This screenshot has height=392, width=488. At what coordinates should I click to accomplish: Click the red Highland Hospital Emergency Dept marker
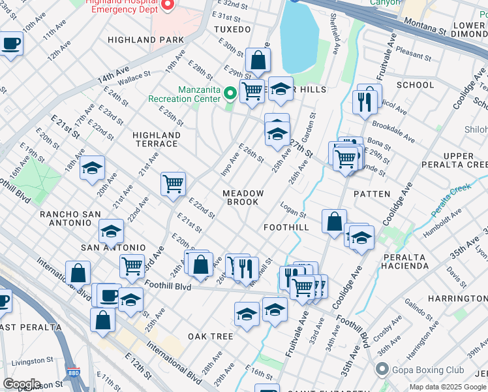coord(167,5)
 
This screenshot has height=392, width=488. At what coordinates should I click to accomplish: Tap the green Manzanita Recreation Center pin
coord(230,94)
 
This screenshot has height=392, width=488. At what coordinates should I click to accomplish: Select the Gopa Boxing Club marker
coord(381,370)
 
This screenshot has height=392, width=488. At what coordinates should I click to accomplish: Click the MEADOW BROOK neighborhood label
coord(243,198)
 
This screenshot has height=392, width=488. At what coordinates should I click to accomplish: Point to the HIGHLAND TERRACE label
coord(155,139)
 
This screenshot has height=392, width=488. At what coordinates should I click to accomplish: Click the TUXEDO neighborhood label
coord(232,30)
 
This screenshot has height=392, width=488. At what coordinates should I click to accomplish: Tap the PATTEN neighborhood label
coord(372,194)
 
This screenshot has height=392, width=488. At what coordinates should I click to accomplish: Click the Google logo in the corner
coord(22,384)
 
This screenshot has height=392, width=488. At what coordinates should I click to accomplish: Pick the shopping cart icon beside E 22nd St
coord(173,184)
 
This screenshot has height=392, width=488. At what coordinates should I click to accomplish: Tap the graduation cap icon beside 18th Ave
coord(93,167)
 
